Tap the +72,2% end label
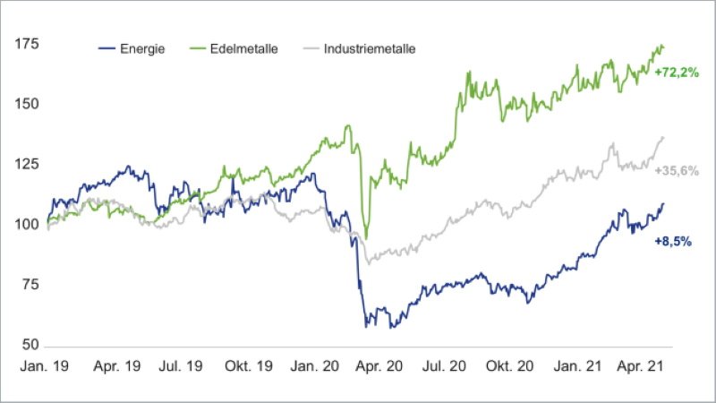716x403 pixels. [x=676, y=71]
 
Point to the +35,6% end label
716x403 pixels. [x=676, y=170]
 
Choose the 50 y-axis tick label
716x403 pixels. [x=27, y=345]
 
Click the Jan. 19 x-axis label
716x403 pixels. [x=43, y=366]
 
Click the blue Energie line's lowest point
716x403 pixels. [x=366, y=326]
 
